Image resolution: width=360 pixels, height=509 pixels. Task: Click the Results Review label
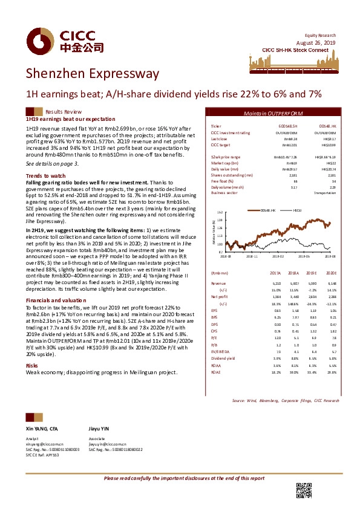(x=64, y=112)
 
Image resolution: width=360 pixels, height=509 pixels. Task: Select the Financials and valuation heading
(x=54, y=300)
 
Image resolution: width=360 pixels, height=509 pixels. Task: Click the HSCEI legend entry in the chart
(x=298, y=209)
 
